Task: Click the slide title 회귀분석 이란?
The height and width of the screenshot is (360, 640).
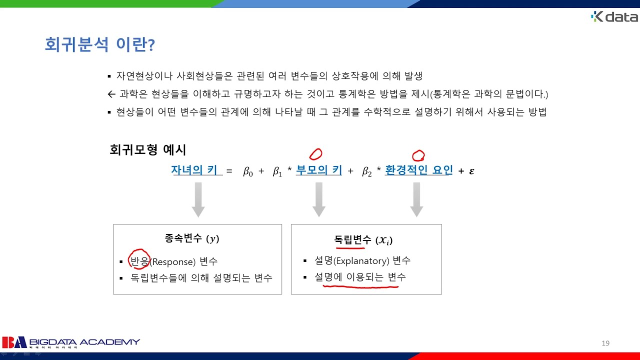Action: click(x=99, y=45)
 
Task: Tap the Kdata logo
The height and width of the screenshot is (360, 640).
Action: click(x=614, y=17)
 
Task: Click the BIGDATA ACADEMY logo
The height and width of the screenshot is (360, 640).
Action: click(x=70, y=342)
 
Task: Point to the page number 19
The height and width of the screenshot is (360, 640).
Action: click(x=605, y=343)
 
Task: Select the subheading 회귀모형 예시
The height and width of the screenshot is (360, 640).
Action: click(x=147, y=149)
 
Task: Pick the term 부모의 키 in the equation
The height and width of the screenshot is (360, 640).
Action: click(x=319, y=170)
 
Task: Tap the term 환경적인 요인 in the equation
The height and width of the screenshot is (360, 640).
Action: click(x=418, y=170)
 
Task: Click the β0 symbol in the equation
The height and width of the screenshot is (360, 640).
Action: click(x=248, y=171)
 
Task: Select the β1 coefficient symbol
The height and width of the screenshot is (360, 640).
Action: click(x=277, y=171)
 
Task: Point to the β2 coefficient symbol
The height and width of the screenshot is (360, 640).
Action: click(x=367, y=171)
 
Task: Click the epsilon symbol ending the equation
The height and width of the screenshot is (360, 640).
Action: click(x=471, y=171)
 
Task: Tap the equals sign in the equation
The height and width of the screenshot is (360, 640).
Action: click(x=229, y=171)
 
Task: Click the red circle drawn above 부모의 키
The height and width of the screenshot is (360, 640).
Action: click(x=315, y=153)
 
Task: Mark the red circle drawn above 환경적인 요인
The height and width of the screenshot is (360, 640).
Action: click(x=418, y=155)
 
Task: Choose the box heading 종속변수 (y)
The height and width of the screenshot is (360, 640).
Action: click(x=192, y=239)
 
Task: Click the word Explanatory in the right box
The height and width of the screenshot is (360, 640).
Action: click(x=362, y=260)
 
